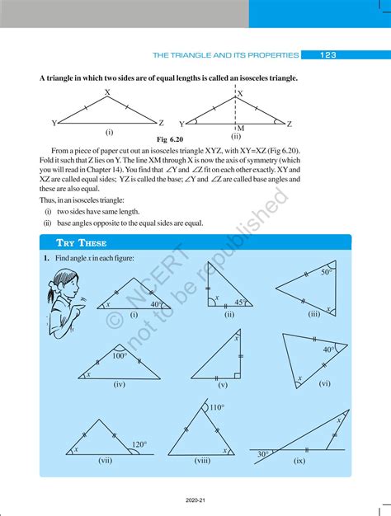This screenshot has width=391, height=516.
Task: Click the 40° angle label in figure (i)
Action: pyautogui.click(x=155, y=304)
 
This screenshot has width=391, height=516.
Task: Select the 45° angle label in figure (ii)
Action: pyautogui.click(x=238, y=302)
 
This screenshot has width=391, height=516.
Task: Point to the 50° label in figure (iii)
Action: pyautogui.click(x=327, y=271)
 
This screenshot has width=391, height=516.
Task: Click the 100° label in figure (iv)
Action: pyautogui.click(x=120, y=356)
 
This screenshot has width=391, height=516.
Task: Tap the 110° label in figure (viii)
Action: pyautogui.click(x=217, y=407)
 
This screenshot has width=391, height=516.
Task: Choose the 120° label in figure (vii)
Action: pyautogui.click(x=138, y=445)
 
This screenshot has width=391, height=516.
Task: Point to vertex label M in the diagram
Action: pyautogui.click(x=240, y=129)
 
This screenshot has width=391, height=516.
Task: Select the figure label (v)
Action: pyautogui.click(x=223, y=385)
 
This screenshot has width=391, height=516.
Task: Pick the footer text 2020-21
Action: pyautogui.click(x=195, y=500)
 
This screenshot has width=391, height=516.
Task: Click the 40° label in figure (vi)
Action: pyautogui.click(x=328, y=349)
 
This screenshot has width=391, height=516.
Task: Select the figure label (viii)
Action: pyautogui.click(x=201, y=462)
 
